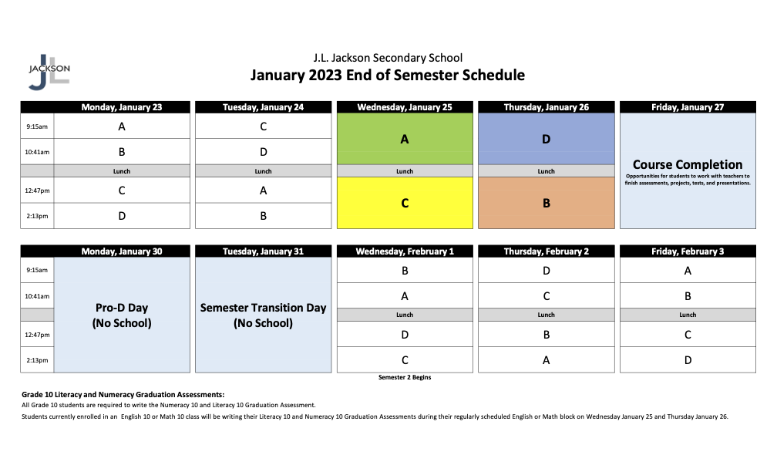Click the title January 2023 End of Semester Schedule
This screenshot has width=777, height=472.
(x=388, y=75)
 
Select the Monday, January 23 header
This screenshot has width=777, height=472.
(x=122, y=107)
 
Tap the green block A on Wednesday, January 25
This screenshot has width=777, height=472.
(x=405, y=139)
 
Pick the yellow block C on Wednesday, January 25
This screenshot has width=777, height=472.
(x=405, y=204)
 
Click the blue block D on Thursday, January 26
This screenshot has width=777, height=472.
(x=546, y=139)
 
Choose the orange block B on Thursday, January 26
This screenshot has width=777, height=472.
(x=546, y=204)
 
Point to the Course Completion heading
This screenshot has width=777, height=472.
(x=688, y=164)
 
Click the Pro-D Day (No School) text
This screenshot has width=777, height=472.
(x=122, y=315)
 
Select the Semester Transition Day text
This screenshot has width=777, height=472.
(x=263, y=308)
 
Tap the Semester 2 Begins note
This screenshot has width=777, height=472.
(x=405, y=377)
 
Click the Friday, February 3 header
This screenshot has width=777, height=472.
(x=688, y=251)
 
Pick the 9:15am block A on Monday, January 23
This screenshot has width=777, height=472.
(x=122, y=126)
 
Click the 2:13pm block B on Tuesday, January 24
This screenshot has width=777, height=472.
(x=263, y=216)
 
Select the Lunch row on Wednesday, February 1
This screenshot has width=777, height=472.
(x=405, y=315)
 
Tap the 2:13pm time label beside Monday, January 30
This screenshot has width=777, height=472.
(x=37, y=360)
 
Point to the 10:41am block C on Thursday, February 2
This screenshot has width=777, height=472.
(x=546, y=295)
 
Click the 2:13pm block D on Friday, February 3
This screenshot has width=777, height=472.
(x=688, y=359)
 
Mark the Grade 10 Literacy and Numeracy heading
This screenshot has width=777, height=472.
(x=123, y=394)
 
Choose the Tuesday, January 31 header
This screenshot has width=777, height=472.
(x=263, y=251)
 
